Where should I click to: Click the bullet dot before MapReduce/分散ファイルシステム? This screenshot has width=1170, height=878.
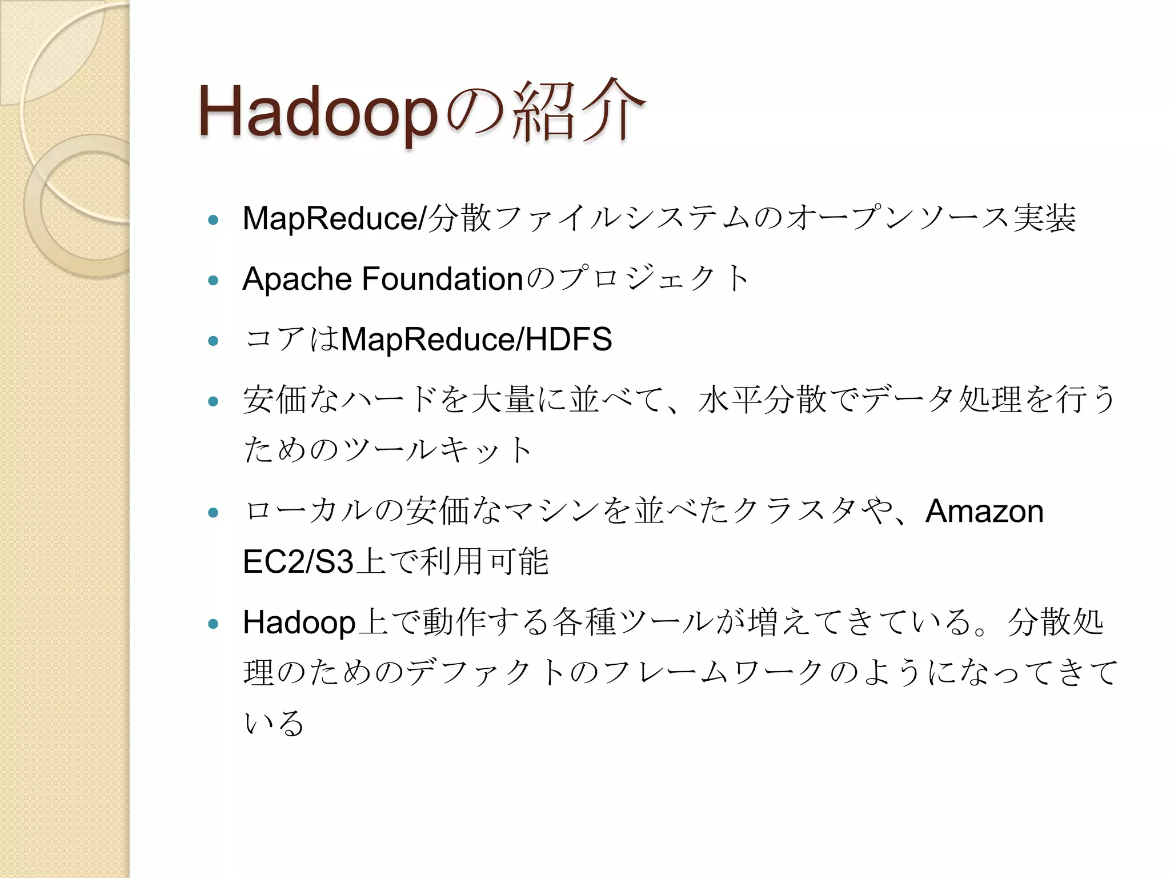tap(214, 220)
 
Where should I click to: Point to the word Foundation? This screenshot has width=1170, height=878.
tap(443, 279)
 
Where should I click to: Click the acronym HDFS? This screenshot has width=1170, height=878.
tap(568, 339)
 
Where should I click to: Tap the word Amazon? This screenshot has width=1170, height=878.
tap(984, 511)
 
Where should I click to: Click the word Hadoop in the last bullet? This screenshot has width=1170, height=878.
tap(299, 622)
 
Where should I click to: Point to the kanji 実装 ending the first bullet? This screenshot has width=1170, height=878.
tap(1045, 218)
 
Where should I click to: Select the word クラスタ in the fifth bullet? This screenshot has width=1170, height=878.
tap(794, 511)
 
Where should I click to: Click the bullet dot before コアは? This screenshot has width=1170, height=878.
tap(214, 341)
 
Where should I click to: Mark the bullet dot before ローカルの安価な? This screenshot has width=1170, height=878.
tap(214, 513)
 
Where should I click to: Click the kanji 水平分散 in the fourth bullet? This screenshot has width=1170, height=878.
tap(762, 399)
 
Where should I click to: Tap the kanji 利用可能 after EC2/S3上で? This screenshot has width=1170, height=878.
tap(484, 561)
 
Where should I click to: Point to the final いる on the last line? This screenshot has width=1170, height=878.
tap(273, 723)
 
